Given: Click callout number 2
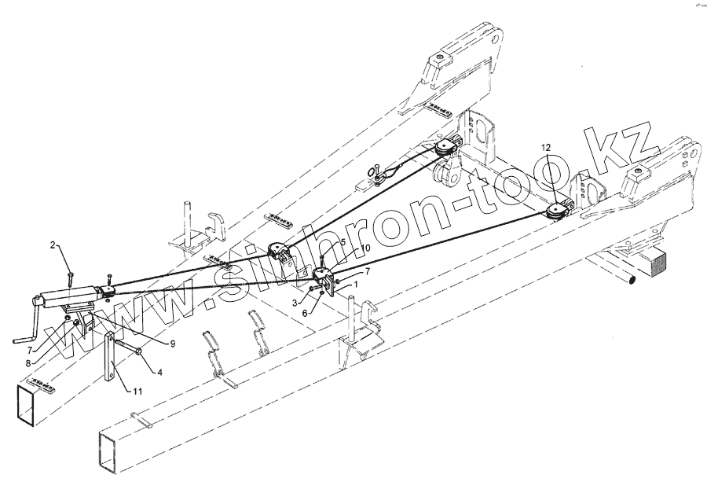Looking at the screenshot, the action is click(53, 246).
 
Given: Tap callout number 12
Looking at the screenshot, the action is click(546, 148).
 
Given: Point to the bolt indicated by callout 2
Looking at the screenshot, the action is click(71, 275).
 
